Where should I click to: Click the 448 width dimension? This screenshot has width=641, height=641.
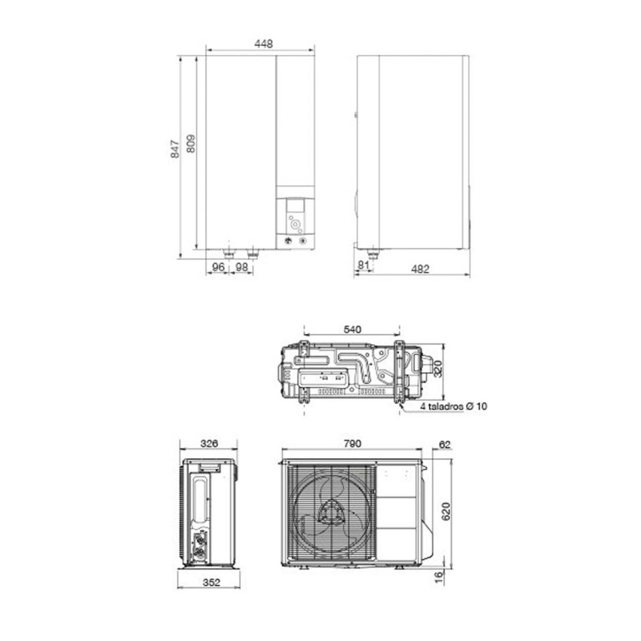click(x=263, y=43)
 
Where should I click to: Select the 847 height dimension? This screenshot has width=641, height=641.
click(x=175, y=149)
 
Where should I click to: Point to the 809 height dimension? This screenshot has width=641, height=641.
click(x=190, y=144)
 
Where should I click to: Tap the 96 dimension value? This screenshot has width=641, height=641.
click(x=219, y=267)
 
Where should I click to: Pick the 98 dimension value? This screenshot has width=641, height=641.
click(x=241, y=267)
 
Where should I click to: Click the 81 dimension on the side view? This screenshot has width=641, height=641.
click(x=363, y=265)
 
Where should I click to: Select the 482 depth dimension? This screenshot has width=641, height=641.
click(x=421, y=269)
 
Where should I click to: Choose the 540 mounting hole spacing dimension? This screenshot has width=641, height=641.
click(x=352, y=330)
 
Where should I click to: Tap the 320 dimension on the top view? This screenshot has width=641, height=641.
click(x=437, y=369)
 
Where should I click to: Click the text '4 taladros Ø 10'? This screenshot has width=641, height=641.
click(x=454, y=406)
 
